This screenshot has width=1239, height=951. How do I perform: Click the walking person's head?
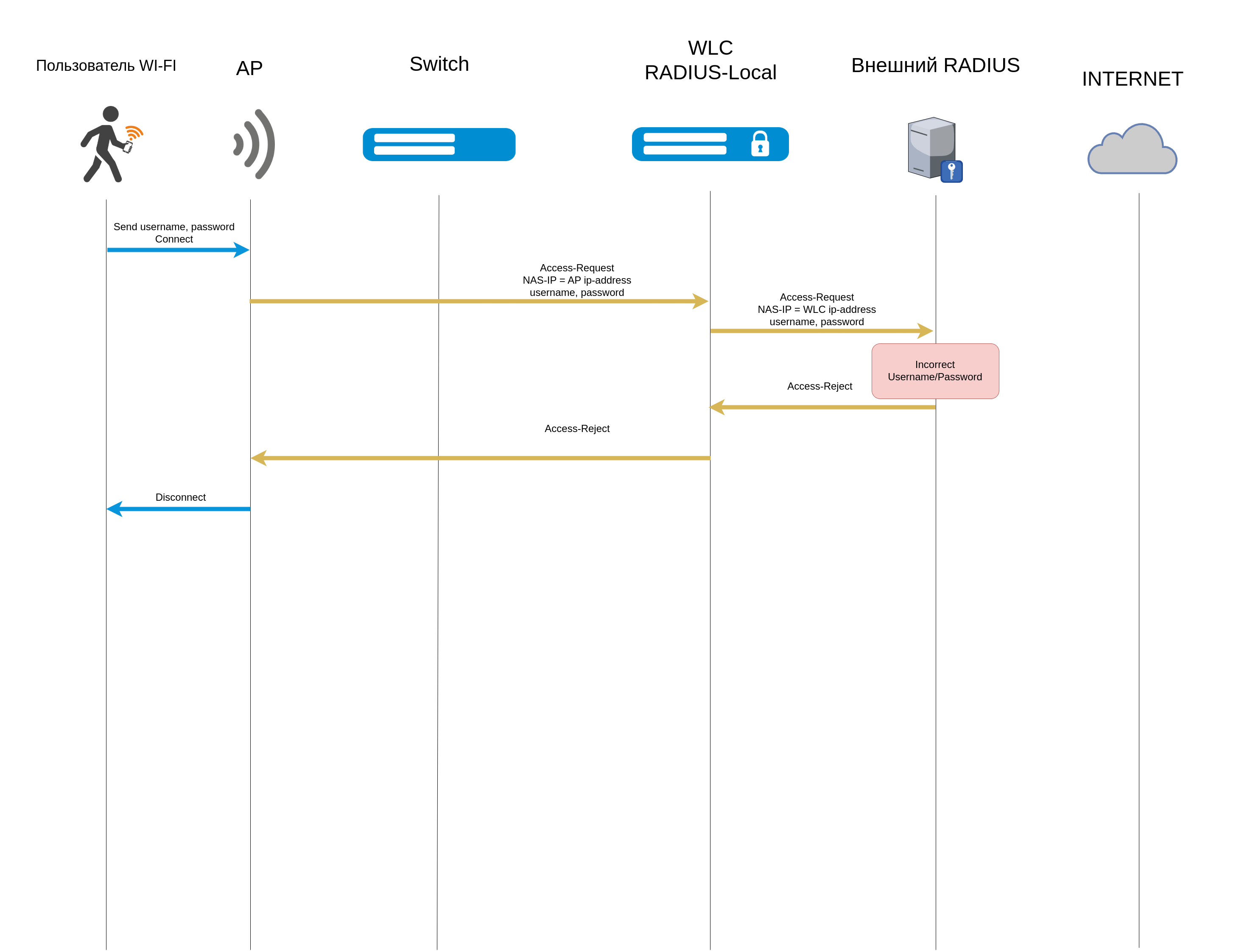click(111, 114)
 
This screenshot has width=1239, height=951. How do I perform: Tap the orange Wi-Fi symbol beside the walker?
click(134, 132)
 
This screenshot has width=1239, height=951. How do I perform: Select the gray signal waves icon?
click(255, 144)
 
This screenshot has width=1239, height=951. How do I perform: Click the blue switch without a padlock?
click(439, 144)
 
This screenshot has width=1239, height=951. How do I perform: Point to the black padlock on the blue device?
click(760, 144)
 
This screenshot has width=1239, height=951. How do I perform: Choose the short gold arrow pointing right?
click(821, 331)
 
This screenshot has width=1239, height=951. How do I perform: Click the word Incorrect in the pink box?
click(934, 365)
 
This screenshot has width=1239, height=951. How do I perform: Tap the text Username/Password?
click(934, 377)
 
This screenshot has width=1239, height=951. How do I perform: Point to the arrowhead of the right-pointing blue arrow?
click(242, 250)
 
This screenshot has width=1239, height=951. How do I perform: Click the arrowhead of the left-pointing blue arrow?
click(115, 509)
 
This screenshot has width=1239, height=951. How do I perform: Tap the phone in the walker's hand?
click(128, 148)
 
